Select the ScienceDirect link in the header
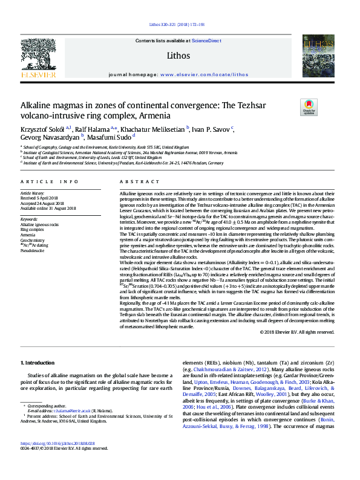(x=206, y=41)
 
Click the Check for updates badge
(x=309, y=108)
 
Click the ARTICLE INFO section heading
(x=49, y=181)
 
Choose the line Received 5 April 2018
(x=39, y=198)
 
